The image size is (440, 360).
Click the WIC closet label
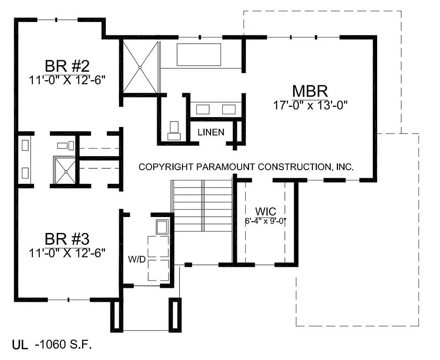click(265, 210)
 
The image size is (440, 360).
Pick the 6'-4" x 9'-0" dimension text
click(266, 220)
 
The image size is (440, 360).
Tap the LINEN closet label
click(210, 132)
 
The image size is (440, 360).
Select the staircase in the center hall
click(203, 206)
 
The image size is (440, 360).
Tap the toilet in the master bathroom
click(174, 130)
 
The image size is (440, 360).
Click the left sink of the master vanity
click(203, 110)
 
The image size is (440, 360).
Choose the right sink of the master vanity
click(228, 110)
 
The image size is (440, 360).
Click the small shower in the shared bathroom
click(65, 171)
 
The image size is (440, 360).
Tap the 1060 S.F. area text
click(63, 345)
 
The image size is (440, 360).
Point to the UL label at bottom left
click(20, 346)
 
